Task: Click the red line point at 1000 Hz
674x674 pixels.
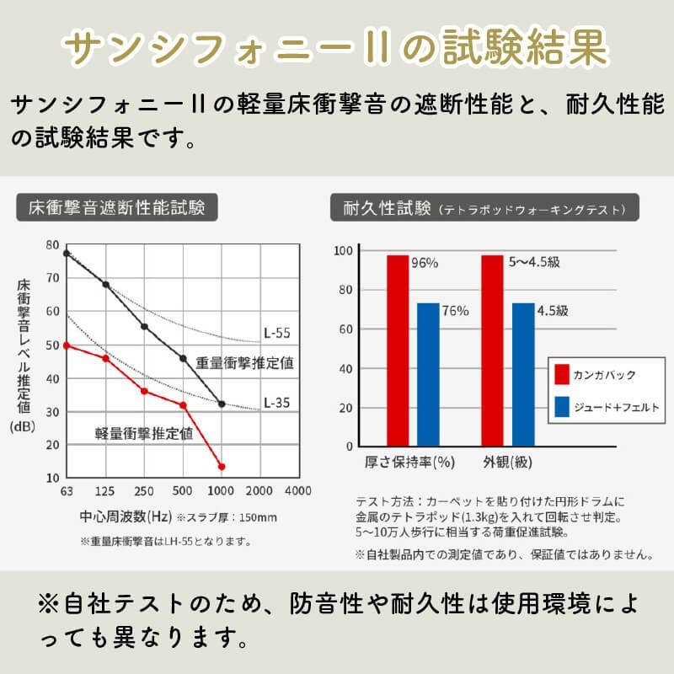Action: (x=222, y=466)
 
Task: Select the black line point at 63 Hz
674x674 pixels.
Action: (x=67, y=252)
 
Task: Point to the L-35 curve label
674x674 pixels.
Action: (x=276, y=402)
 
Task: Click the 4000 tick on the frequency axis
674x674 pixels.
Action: (x=298, y=491)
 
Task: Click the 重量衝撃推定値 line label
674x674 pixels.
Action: (x=244, y=363)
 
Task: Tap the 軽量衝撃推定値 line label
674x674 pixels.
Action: (x=144, y=435)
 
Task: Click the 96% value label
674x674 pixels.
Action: (x=425, y=263)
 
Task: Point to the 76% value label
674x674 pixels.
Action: (x=456, y=311)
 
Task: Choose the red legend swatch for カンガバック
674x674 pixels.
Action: (x=563, y=375)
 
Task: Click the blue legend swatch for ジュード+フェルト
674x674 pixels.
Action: (x=563, y=408)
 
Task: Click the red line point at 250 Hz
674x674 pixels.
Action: (x=144, y=391)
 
